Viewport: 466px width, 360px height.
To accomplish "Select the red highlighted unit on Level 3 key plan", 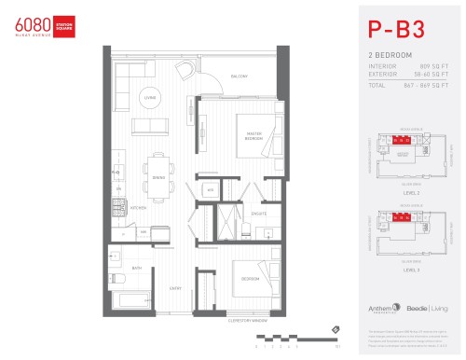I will coord(401,219).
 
